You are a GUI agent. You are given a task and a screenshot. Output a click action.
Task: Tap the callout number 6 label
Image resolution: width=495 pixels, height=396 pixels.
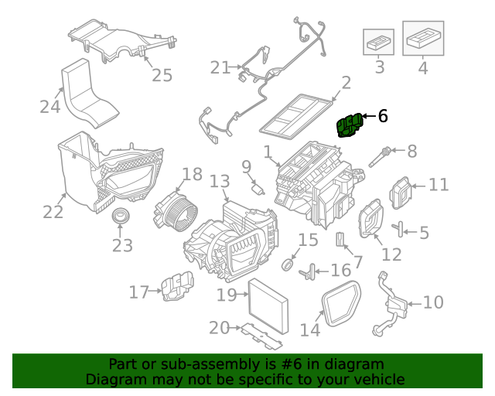[x=382, y=116]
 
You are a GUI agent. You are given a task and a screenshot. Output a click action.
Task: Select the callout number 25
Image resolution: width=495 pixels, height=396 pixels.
[x=162, y=75]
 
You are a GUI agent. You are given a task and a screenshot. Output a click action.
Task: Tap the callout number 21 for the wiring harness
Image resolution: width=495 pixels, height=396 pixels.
[x=220, y=67]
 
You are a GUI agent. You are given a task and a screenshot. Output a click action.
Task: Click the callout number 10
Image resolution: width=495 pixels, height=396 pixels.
[x=433, y=302]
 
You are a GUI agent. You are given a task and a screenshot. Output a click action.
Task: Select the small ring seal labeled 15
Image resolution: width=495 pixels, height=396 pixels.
[x=288, y=265]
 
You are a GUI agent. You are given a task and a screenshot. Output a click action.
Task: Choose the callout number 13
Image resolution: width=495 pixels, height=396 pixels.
[x=220, y=182]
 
